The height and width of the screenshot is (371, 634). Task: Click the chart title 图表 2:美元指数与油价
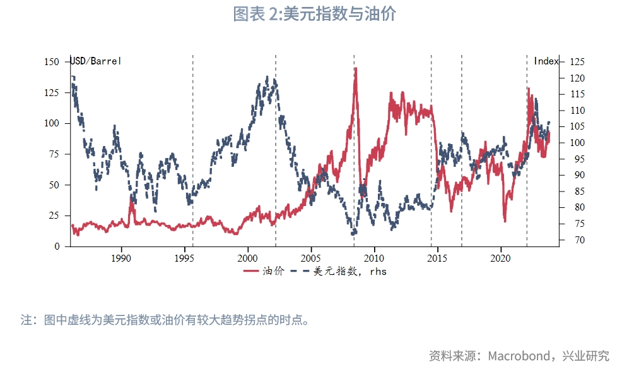click(x=314, y=14)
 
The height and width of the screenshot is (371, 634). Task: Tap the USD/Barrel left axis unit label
click(x=95, y=61)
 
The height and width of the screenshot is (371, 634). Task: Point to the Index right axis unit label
click(x=546, y=61)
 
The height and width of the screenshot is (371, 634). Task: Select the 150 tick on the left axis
click(x=52, y=62)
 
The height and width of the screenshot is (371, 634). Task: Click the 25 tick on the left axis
click(x=55, y=216)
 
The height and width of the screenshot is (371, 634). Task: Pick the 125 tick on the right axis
click(x=577, y=62)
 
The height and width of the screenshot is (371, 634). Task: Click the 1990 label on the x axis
click(x=121, y=258)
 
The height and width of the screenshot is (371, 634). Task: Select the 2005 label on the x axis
click(x=311, y=258)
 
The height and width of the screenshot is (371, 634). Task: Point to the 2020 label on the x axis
click(x=500, y=258)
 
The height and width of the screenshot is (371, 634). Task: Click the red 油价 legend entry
click(x=264, y=271)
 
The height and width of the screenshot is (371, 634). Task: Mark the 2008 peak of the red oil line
click(x=356, y=69)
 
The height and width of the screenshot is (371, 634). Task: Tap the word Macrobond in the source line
click(x=517, y=356)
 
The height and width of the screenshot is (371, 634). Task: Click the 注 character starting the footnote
click(x=26, y=320)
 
